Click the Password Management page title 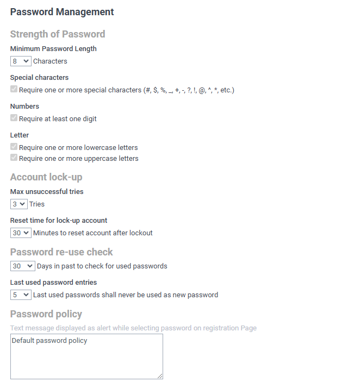click(62, 12)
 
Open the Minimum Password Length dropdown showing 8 click(21, 61)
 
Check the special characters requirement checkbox click(14, 90)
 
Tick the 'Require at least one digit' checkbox click(14, 118)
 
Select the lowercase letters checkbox click(14, 147)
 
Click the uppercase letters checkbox click(14, 158)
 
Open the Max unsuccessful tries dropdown click(18, 204)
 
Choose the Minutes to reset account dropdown click(21, 233)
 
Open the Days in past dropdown click(22, 266)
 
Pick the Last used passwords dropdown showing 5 click(21, 295)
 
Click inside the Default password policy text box click(86, 356)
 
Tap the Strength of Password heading click(58, 34)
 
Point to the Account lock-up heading click(46, 177)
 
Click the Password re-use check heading click(61, 252)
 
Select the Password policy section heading click(46, 314)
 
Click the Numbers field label click(24, 107)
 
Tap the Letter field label click(20, 135)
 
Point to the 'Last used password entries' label click(53, 283)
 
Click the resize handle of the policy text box click(160, 376)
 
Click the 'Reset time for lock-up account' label click(59, 221)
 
